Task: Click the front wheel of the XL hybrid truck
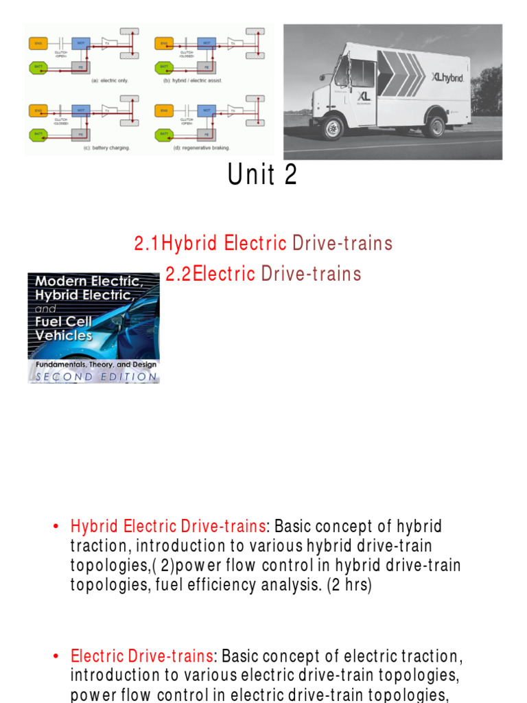[333, 128]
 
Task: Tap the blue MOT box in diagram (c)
[81, 109]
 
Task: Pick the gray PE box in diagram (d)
[204, 134]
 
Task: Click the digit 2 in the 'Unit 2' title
[290, 176]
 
